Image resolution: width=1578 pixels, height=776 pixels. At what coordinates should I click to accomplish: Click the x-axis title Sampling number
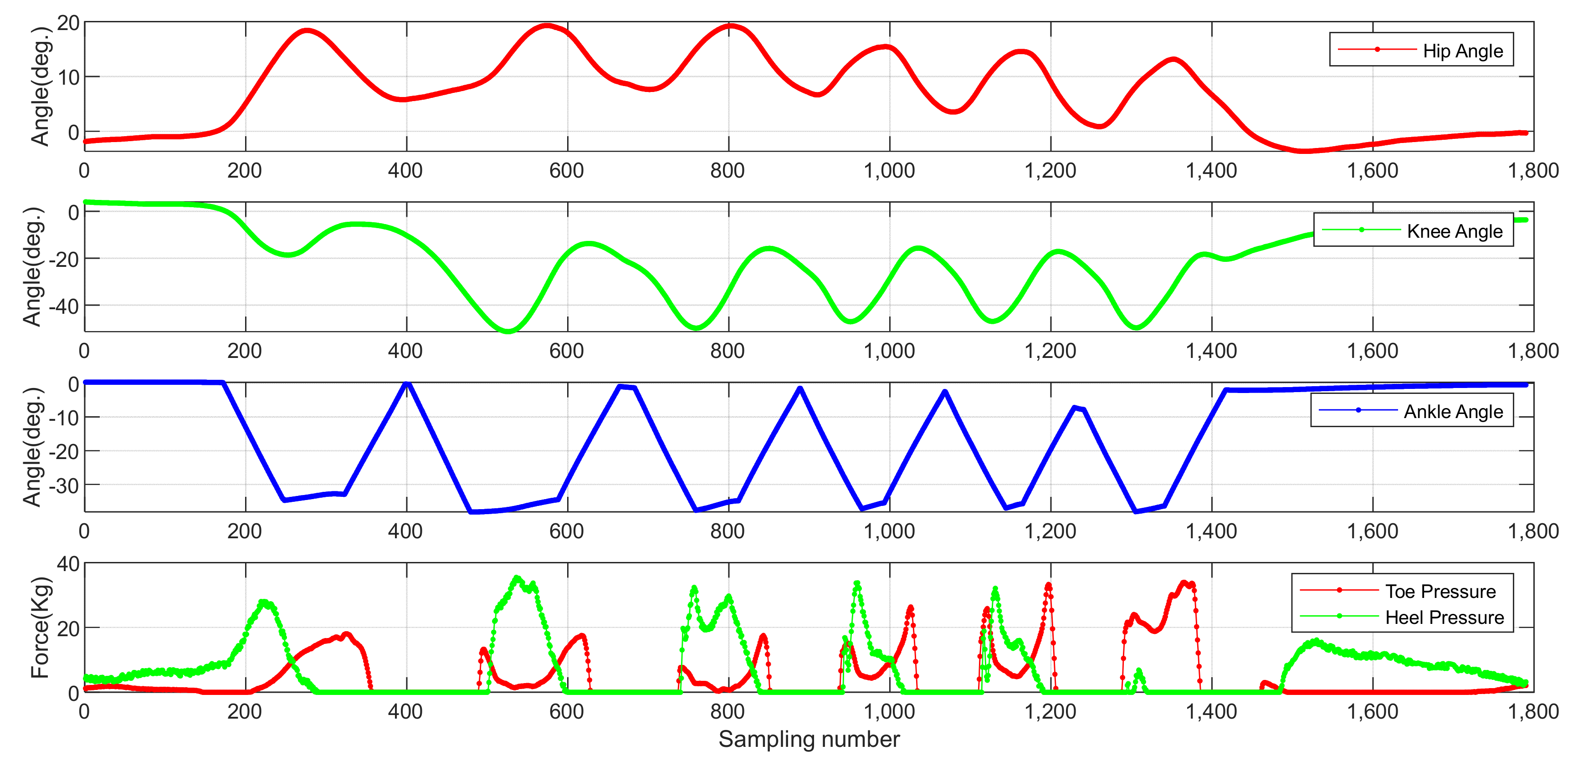point(809,739)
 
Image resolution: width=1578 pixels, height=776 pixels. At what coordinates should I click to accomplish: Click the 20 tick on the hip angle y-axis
point(68,23)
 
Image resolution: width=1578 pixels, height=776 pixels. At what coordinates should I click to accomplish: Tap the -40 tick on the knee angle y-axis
point(64,305)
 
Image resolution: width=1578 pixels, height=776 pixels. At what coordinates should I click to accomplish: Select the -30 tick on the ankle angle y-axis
point(64,485)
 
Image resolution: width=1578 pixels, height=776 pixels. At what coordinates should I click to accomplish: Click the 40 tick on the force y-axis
point(68,563)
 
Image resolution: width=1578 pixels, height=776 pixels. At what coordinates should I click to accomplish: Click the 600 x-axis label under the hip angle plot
point(567,170)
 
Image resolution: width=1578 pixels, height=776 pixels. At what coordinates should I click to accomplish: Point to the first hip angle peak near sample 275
point(306,30)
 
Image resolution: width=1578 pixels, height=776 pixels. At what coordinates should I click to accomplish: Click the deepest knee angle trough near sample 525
point(508,331)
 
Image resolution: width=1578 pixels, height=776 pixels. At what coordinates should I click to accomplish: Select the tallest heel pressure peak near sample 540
point(517,577)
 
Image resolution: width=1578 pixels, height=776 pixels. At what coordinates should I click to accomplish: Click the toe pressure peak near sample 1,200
point(1048,585)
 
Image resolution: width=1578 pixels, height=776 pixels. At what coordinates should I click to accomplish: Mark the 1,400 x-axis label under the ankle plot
point(1211,531)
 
